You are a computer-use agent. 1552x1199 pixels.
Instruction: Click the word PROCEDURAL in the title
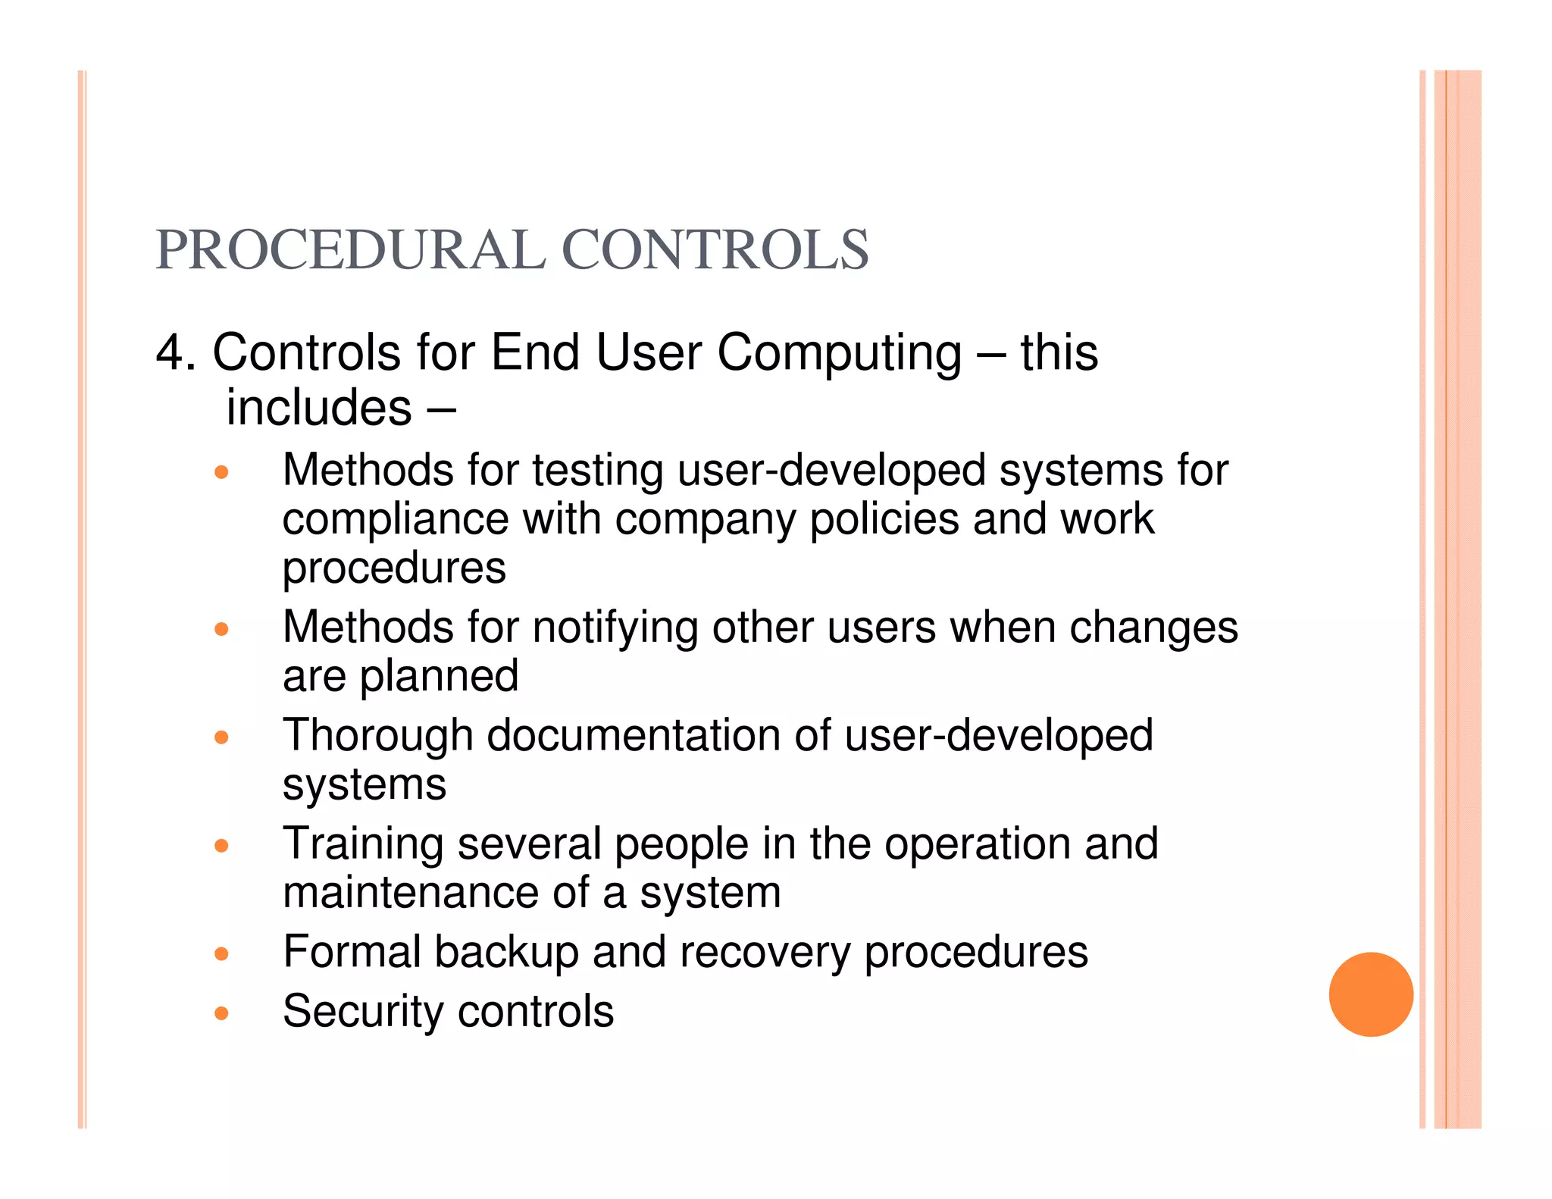349,250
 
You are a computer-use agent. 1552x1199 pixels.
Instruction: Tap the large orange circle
1370,994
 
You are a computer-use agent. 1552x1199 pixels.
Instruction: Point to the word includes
319,409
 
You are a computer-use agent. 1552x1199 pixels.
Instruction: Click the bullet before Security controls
221,1013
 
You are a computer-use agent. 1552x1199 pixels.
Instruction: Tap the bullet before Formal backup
221,953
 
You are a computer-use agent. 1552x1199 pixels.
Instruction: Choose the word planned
439,677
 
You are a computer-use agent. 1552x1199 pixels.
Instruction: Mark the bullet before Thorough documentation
221,737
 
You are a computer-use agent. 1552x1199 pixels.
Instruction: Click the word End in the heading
535,353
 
